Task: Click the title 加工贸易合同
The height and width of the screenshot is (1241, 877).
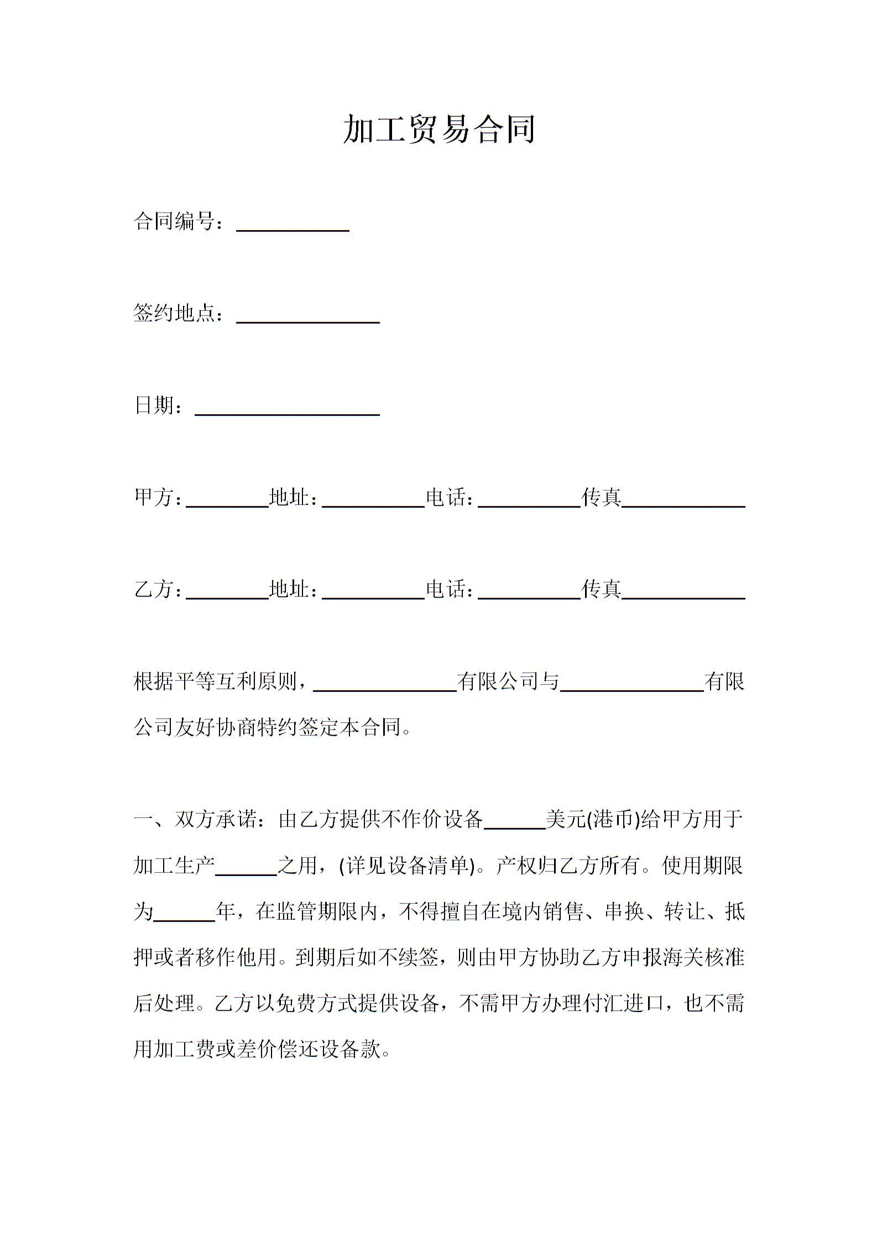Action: [439, 130]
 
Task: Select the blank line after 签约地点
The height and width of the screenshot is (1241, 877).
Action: [307, 317]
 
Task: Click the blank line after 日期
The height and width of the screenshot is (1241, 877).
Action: [287, 409]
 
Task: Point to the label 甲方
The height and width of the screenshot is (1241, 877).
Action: [153, 497]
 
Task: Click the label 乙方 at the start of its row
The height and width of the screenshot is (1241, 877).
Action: [153, 589]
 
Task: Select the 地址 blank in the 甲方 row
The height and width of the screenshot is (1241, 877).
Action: [373, 501]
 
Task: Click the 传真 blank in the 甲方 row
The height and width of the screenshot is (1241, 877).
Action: [683, 501]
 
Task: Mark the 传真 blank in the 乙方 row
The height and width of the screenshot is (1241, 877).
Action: [683, 593]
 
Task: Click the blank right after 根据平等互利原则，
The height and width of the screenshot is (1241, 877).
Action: [385, 685]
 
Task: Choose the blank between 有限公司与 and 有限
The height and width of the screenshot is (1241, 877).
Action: [631, 685]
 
